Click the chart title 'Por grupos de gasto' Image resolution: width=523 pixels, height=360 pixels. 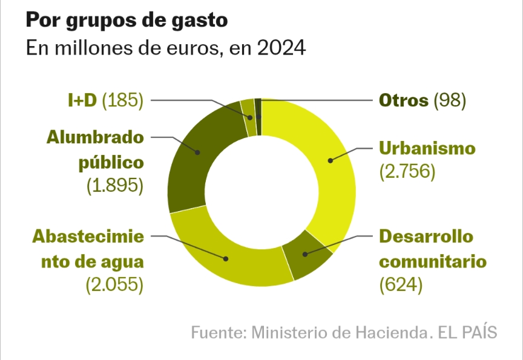[x=127, y=21]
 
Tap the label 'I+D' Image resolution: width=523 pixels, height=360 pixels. [x=82, y=100]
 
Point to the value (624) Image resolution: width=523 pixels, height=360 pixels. [x=400, y=284]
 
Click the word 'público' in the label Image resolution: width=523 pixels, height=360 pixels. [x=113, y=162]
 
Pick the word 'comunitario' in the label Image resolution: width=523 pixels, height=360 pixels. [x=433, y=261]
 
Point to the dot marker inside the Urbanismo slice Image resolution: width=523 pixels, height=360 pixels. [x=331, y=160]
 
